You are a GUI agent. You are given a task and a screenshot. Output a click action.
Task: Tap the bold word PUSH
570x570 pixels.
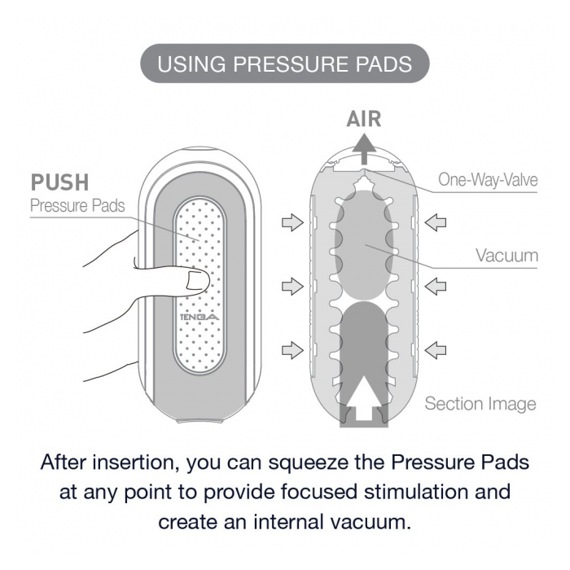pos(59,182)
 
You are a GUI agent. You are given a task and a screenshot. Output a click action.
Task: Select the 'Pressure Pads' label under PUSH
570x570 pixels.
pos(77,205)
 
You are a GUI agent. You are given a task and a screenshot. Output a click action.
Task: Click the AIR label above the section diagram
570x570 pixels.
pos(363,119)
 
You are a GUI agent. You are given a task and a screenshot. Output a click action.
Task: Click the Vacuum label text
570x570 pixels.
pos(506,255)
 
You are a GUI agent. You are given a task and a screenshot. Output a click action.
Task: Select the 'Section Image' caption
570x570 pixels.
pos(480,403)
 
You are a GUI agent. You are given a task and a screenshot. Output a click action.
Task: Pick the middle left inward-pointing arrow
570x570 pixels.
pos(291,286)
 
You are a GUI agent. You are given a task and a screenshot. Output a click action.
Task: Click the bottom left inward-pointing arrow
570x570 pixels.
pos(291,350)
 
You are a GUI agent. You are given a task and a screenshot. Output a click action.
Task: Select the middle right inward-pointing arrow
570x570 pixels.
pos(436,286)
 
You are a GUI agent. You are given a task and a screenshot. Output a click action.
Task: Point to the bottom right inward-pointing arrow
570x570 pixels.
pos(436,350)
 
